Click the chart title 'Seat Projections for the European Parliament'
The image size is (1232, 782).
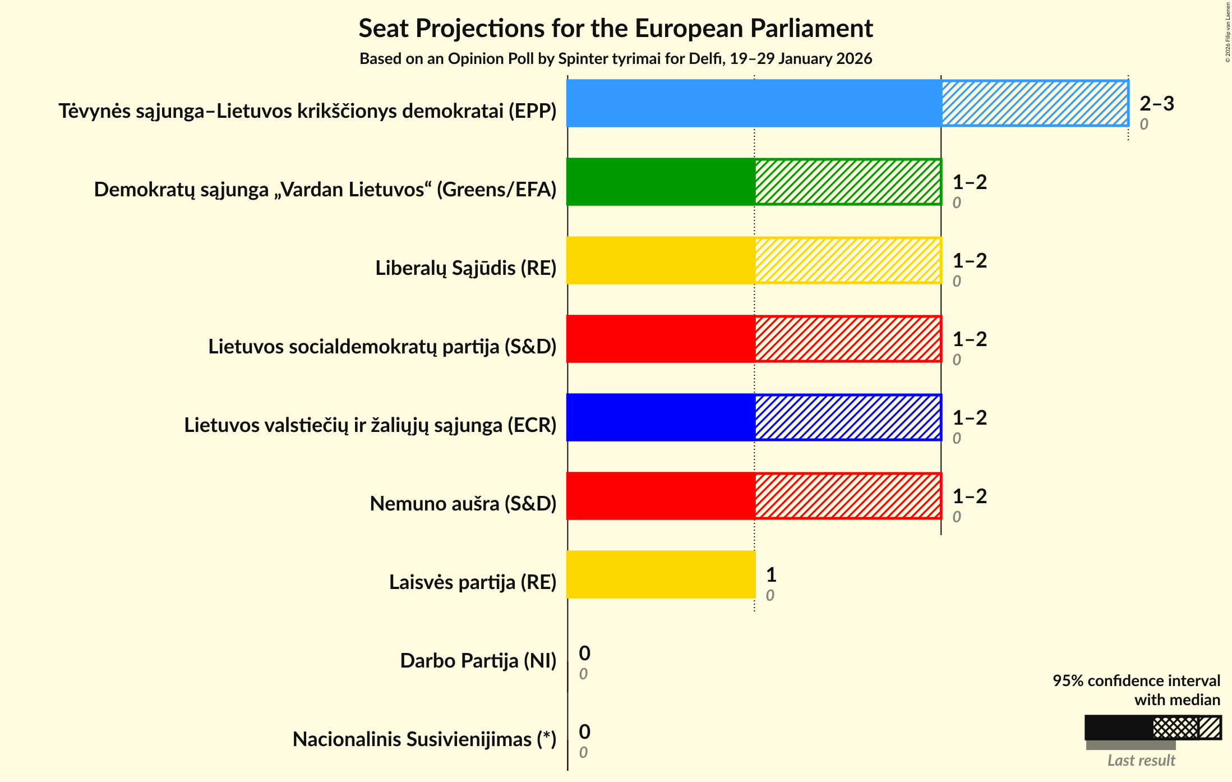click(x=616, y=29)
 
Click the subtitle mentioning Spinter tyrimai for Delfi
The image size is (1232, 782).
click(x=616, y=59)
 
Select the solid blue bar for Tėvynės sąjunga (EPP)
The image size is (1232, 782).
click(x=754, y=103)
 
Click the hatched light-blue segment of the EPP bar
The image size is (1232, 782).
click(x=1035, y=103)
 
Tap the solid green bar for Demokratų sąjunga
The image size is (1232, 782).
click(x=661, y=182)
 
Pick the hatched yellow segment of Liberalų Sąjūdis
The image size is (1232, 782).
click(x=848, y=260)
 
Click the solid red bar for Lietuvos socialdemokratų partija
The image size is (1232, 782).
click(x=661, y=339)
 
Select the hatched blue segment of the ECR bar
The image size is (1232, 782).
click(x=848, y=417)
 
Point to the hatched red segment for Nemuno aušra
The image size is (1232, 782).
click(x=848, y=496)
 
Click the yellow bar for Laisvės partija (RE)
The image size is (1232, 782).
click(x=661, y=574)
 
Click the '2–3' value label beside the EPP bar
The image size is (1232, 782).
click(x=1156, y=104)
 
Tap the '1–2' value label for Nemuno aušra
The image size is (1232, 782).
click(x=970, y=496)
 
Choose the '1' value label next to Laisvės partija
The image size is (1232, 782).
click(x=771, y=575)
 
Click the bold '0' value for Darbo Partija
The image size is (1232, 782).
click(x=584, y=654)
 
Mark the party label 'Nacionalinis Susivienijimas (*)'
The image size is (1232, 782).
click(x=424, y=739)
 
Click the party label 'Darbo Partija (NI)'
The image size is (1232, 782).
click(x=478, y=661)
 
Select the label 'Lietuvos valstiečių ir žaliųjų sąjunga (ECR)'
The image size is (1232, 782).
click(x=370, y=425)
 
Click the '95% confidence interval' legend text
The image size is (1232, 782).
click(x=1136, y=680)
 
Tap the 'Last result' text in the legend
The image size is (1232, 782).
click(x=1141, y=761)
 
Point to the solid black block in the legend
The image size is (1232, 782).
click(x=1118, y=728)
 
